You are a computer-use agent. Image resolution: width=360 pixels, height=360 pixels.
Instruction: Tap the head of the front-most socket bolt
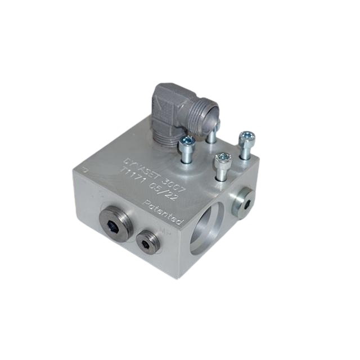click(222, 159)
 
